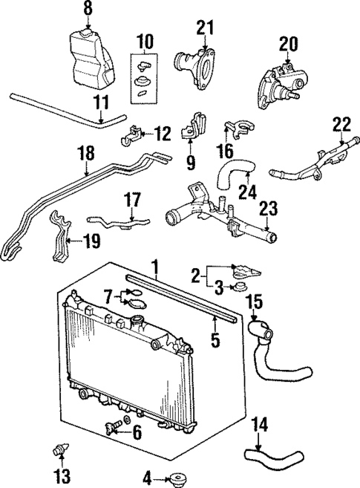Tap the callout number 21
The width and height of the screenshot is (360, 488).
click(204, 27)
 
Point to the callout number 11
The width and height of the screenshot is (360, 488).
click(102, 101)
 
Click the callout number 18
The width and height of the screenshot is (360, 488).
click(86, 153)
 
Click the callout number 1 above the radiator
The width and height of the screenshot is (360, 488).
click(156, 265)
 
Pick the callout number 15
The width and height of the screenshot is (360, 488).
click(254, 302)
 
